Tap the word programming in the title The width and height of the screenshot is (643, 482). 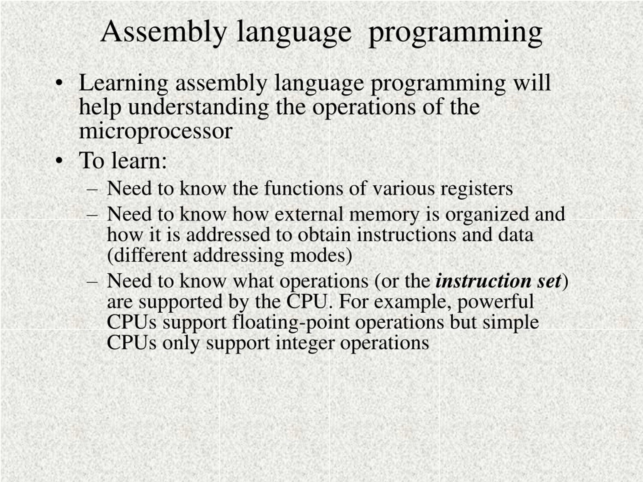click(x=455, y=34)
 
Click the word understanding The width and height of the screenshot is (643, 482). click(x=198, y=107)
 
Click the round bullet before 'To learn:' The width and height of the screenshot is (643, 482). click(x=59, y=161)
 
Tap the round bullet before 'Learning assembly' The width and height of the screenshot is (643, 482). click(x=59, y=83)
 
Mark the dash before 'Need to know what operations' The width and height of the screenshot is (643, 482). click(x=92, y=282)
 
